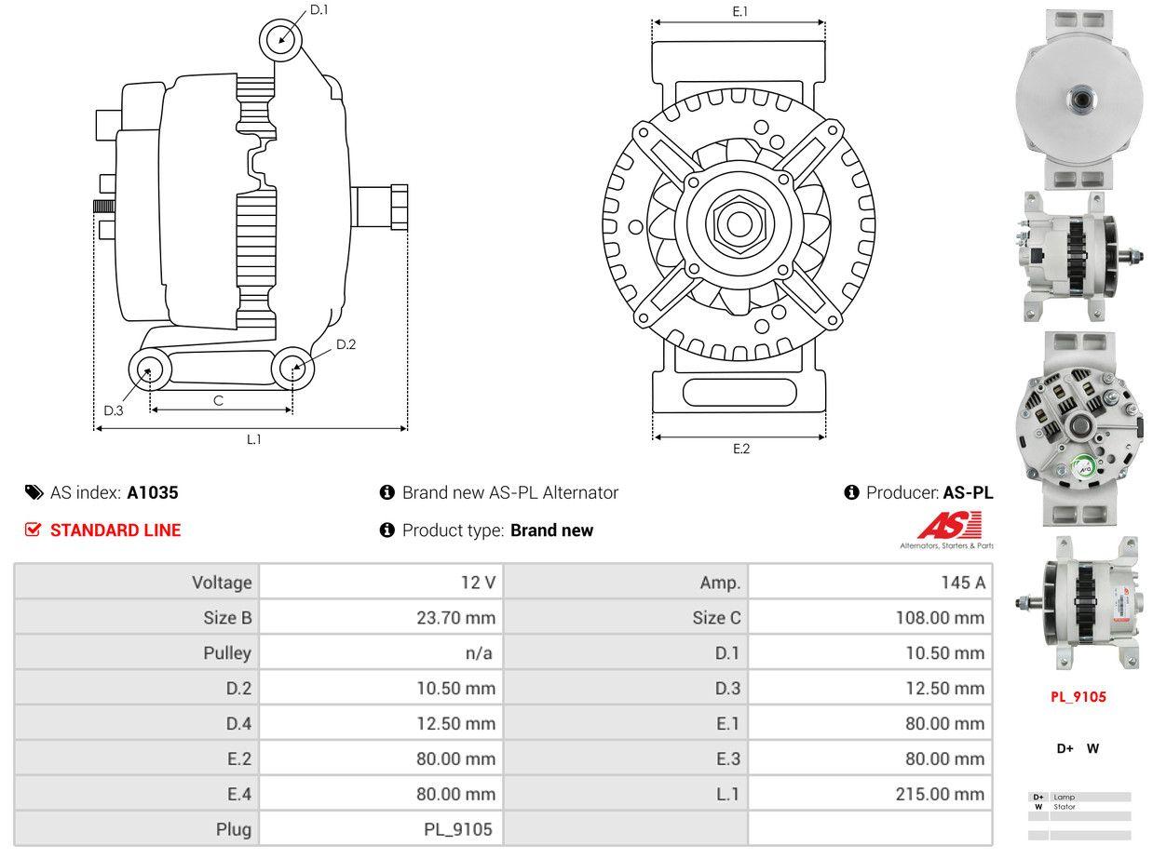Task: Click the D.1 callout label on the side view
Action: (319, 9)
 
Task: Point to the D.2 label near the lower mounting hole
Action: (346, 344)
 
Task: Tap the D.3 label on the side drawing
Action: (114, 410)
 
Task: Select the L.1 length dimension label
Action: (253, 439)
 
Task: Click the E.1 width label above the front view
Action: (740, 11)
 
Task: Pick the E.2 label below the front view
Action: (740, 449)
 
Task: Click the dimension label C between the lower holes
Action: (218, 400)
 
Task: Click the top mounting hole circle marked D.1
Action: (281, 40)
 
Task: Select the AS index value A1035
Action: (153, 492)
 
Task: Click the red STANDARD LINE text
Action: (115, 530)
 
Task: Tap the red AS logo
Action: (949, 526)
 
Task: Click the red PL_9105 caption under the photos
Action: (1078, 696)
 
